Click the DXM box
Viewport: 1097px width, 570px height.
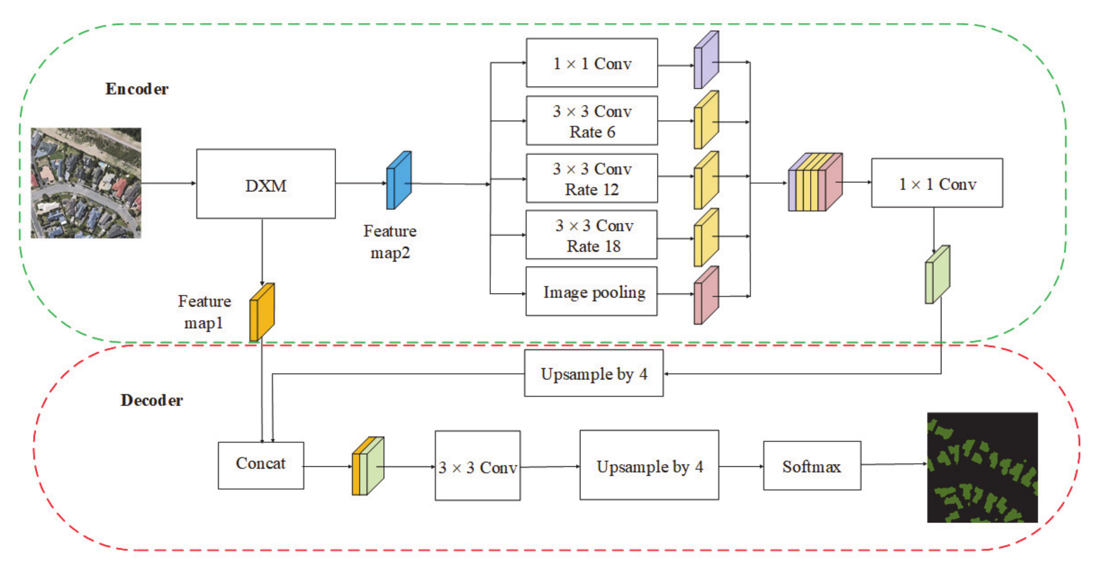pyautogui.click(x=266, y=184)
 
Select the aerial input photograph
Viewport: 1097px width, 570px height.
pyautogui.click(x=86, y=183)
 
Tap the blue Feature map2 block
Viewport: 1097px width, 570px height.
pyautogui.click(x=399, y=180)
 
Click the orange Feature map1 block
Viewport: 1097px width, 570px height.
pyautogui.click(x=261, y=312)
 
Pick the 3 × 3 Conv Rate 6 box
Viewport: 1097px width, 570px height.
pyautogui.click(x=592, y=121)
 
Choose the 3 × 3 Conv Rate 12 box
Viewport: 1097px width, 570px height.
pyautogui.click(x=592, y=179)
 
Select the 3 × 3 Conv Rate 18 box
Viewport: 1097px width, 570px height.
pyautogui.click(x=592, y=235)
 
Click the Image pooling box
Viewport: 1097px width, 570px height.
pyautogui.click(x=592, y=292)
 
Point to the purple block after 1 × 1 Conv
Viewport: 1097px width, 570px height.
pyautogui.click(x=706, y=61)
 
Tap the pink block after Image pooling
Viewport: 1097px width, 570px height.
pyautogui.click(x=706, y=296)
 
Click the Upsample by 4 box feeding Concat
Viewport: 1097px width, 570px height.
pyautogui.click(x=594, y=374)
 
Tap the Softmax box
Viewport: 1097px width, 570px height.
pyautogui.click(x=812, y=466)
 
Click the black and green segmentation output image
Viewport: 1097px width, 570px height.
pyautogui.click(x=982, y=467)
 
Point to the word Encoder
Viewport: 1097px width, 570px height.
pyautogui.click(x=137, y=89)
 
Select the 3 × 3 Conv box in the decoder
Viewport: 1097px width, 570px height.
pyautogui.click(x=477, y=466)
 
